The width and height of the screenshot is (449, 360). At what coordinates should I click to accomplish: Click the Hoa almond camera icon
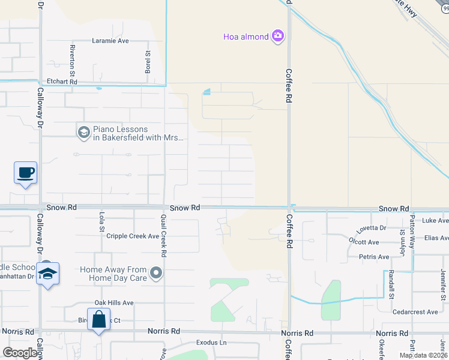(277, 37)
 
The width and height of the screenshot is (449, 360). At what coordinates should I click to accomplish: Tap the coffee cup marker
(25, 173)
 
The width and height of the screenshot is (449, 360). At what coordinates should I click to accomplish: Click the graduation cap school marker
(47, 274)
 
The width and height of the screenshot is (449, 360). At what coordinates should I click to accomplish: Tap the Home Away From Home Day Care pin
(156, 274)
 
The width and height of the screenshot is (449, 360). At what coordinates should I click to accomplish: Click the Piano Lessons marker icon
(84, 131)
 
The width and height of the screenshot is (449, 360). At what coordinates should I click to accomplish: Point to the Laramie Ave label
(110, 41)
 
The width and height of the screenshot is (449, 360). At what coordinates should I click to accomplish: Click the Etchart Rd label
(62, 82)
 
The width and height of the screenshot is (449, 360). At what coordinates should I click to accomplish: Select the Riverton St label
(72, 56)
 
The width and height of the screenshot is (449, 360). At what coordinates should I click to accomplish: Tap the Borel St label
(147, 62)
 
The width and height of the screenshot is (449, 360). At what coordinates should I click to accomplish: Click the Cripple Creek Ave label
(133, 236)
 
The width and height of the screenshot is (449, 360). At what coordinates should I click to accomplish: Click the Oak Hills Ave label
(114, 303)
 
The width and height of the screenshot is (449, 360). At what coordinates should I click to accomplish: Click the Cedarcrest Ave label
(415, 312)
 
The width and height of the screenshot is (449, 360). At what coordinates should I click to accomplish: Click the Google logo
(19, 353)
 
